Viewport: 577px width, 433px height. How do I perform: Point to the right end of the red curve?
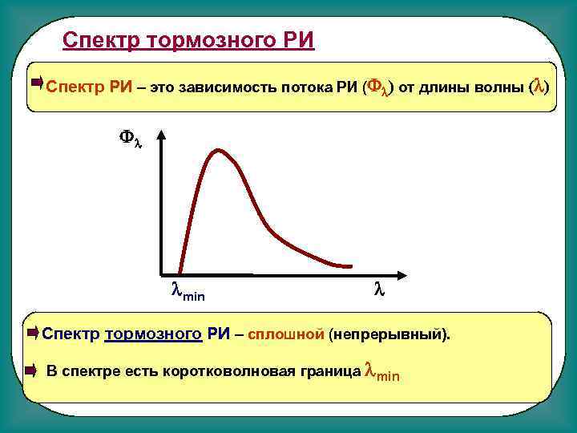coord(349,265)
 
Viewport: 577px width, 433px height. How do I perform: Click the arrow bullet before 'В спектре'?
coord(31,370)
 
